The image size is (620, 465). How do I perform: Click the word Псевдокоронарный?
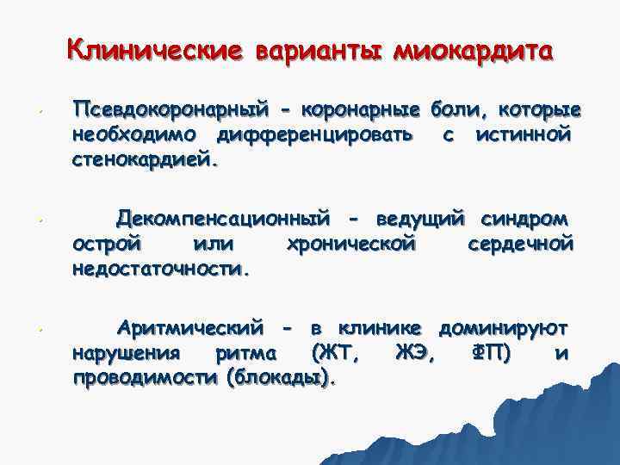tap(170, 112)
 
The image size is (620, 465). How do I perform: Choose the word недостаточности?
tap(161, 269)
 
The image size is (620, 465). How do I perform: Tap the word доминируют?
tap(503, 330)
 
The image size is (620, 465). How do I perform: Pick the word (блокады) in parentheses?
tap(280, 378)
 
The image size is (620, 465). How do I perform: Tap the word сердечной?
tap(520, 245)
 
